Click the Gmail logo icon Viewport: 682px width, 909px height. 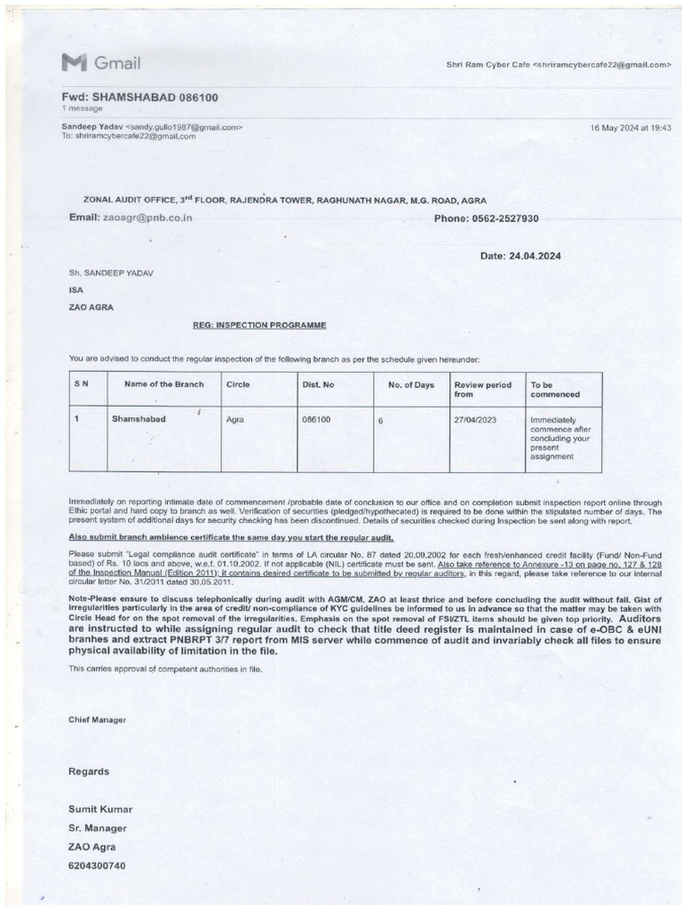coord(73,62)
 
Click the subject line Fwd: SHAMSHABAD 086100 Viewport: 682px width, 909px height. coord(139,97)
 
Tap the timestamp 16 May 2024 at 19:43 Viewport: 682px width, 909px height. coord(630,128)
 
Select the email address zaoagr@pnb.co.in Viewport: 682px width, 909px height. coord(147,217)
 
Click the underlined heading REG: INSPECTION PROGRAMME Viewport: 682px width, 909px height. coord(259,325)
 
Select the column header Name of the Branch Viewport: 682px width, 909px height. coord(163,384)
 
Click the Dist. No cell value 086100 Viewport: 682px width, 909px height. coord(316,417)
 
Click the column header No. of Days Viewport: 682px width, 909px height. coord(411,384)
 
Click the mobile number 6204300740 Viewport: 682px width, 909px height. coord(98,866)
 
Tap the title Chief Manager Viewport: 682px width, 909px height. coord(97,719)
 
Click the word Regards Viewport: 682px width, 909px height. coord(89,771)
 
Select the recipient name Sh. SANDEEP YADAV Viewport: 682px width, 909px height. coord(111,273)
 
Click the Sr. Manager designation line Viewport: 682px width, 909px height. coord(95,827)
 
